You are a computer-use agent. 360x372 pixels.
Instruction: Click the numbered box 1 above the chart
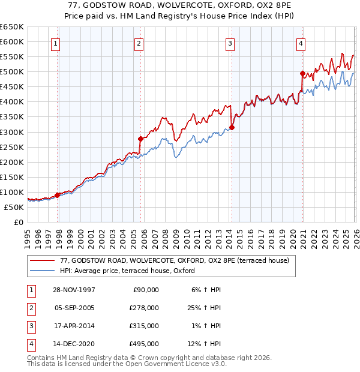[55, 43]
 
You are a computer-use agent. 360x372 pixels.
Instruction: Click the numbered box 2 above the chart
[139, 43]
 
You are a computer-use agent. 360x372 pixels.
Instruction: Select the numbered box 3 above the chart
[230, 43]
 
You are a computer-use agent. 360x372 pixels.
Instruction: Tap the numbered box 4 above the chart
[301, 43]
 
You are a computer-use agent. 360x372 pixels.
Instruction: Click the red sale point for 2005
[140, 139]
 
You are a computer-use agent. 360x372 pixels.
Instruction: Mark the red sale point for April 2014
[232, 127]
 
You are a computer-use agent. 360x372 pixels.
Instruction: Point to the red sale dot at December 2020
[302, 73]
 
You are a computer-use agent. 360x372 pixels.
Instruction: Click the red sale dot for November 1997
[58, 195]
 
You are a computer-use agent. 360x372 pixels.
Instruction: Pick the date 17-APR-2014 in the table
[73, 326]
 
